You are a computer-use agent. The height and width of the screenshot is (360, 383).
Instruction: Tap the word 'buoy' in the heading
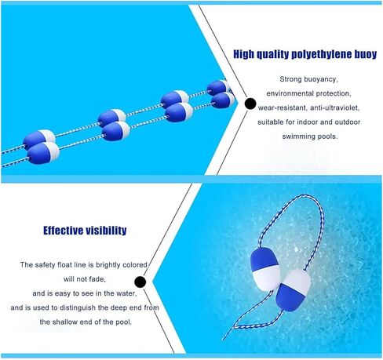(366, 54)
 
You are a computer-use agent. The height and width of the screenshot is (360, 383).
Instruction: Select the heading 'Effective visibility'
(85, 231)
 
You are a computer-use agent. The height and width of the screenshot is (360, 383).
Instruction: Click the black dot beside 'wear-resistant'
(250, 104)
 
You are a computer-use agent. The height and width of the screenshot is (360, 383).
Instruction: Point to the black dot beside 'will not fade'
(140, 282)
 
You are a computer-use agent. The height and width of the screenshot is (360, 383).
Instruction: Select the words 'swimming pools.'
(310, 136)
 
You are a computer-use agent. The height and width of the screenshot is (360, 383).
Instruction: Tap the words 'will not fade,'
(85, 279)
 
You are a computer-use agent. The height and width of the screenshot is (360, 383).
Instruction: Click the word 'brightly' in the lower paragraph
(108, 265)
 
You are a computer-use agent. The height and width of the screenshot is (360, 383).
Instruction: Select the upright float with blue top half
(264, 269)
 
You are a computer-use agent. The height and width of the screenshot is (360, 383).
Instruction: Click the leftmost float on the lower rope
(43, 153)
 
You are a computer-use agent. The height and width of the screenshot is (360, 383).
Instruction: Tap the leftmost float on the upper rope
(39, 139)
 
